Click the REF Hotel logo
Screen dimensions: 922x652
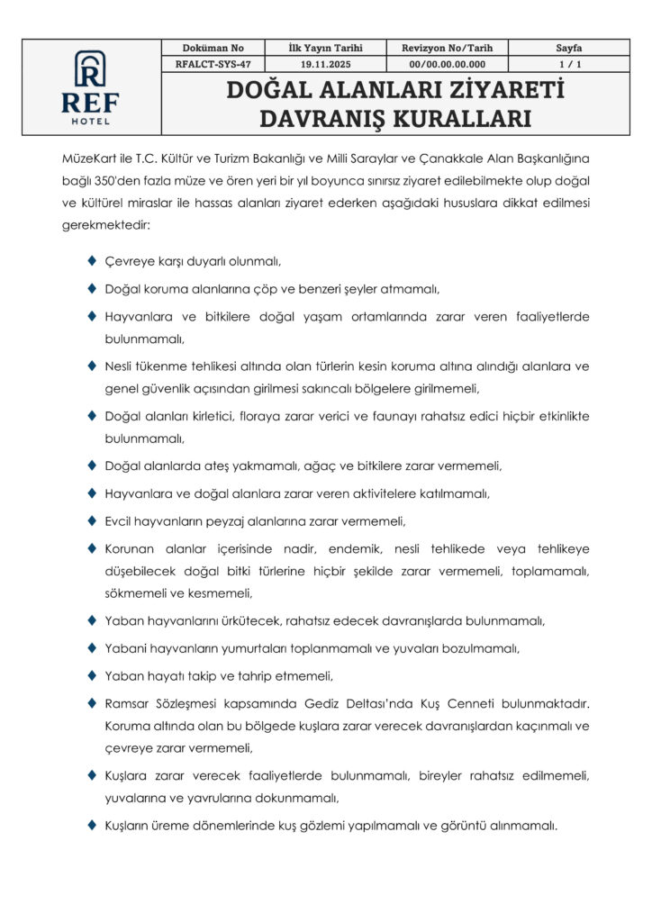click(x=90, y=87)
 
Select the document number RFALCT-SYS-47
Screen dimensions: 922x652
click(x=213, y=64)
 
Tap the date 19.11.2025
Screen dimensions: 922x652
click(x=325, y=64)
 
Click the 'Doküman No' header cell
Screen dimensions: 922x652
click(x=213, y=48)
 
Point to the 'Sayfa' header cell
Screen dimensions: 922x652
click(x=569, y=48)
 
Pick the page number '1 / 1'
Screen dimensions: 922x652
click(x=569, y=64)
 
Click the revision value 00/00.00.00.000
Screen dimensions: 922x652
click(x=447, y=64)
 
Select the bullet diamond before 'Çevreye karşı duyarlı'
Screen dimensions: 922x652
click(x=93, y=261)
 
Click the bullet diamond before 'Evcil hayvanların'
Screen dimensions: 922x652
click(x=93, y=520)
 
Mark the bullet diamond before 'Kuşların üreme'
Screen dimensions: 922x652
click(x=93, y=824)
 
